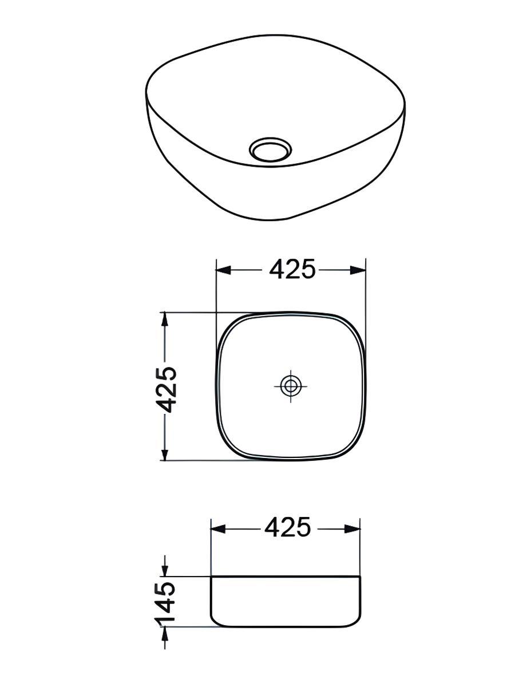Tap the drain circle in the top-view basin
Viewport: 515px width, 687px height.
[x=291, y=386]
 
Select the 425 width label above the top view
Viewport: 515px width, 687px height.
[x=292, y=269]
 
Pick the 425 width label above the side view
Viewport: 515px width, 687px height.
[x=287, y=527]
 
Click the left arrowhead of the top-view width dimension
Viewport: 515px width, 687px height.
[x=224, y=270]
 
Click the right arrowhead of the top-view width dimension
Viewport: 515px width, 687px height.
[x=358, y=270]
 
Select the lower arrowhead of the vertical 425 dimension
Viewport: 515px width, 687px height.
[x=165, y=453]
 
